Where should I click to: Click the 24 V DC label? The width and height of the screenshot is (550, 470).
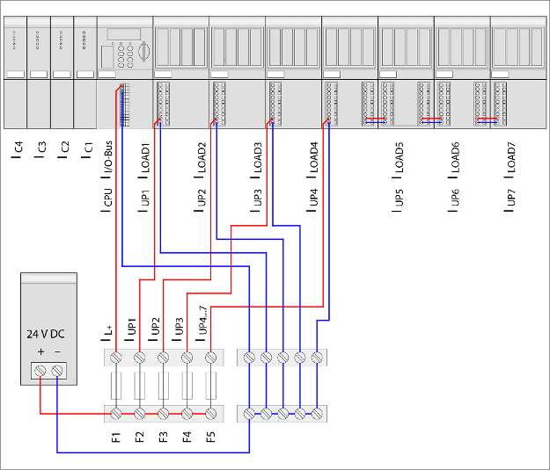[x=45, y=334]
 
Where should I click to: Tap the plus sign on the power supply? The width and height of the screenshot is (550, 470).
[x=40, y=352]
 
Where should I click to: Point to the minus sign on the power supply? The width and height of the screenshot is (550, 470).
[x=57, y=352]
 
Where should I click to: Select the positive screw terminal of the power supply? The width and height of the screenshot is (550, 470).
[x=40, y=372]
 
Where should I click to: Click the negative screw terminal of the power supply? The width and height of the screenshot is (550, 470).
[x=57, y=372]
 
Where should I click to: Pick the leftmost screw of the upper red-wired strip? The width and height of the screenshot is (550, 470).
[x=116, y=358]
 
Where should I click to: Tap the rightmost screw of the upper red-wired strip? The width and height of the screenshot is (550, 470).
[x=210, y=358]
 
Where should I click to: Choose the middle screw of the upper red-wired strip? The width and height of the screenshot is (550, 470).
[x=163, y=358]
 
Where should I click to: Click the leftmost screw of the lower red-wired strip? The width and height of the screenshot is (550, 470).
[x=116, y=413]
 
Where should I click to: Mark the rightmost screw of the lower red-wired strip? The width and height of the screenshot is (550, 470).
[x=210, y=413]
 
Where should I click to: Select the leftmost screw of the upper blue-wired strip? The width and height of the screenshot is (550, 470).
[x=250, y=358]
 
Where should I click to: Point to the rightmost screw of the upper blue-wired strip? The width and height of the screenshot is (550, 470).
[x=316, y=358]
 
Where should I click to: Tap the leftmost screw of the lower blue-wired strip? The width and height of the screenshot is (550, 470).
[x=250, y=413]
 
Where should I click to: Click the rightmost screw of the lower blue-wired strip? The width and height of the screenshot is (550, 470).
[x=316, y=413]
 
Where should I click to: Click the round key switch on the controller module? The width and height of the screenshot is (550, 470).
[x=143, y=54]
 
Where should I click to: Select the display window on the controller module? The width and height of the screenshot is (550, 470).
[x=124, y=34]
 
